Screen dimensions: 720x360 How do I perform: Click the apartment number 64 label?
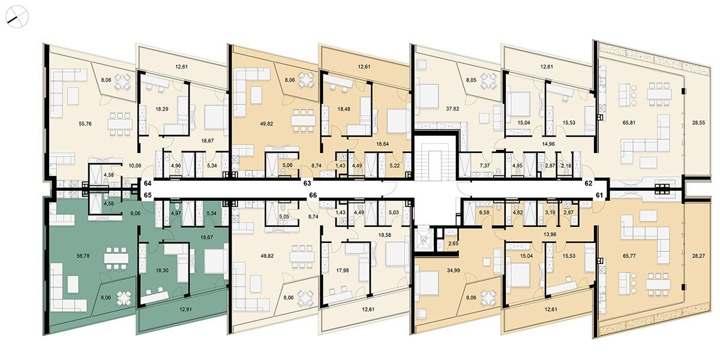tap(148, 184)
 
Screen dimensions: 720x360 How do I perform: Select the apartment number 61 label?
tap(599, 195)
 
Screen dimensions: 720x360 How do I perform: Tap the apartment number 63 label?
tap(307, 183)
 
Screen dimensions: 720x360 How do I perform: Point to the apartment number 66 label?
tap(313, 195)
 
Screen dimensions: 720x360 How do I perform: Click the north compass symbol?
tap(17, 17)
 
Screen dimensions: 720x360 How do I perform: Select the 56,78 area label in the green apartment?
tap(83, 256)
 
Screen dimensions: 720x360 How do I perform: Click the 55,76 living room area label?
tap(85, 124)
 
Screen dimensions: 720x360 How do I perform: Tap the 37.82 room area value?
tap(452, 109)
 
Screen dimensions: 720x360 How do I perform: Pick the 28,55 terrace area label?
tap(698, 122)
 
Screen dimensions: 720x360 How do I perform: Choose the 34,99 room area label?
tap(453, 271)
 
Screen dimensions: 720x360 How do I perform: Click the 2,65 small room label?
tap(453, 244)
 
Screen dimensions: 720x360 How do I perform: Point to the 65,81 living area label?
tap(629, 122)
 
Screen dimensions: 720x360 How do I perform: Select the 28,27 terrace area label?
tap(698, 256)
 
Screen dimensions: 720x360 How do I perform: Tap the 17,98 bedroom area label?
tap(343, 271)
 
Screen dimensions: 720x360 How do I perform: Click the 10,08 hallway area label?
tap(134, 166)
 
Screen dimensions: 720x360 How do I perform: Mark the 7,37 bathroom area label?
tap(484, 166)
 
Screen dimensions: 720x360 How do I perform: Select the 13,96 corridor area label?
tap(550, 235)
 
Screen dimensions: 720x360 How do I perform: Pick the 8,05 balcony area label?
tap(471, 80)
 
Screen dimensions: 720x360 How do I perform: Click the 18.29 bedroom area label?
tap(162, 109)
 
